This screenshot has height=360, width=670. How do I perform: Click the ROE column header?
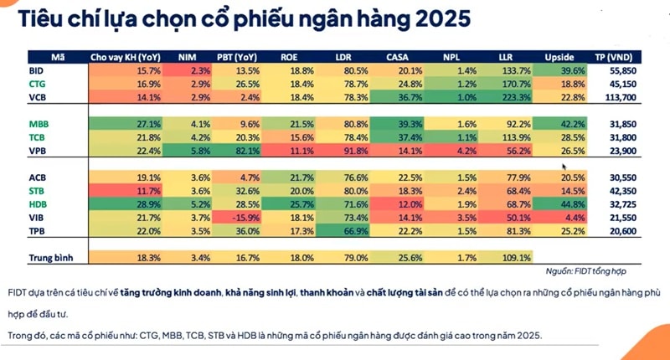pyautogui.click(x=288, y=58)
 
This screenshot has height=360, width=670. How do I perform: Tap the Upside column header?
pyautogui.click(x=560, y=58)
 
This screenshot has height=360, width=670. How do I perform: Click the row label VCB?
pyautogui.click(x=36, y=97)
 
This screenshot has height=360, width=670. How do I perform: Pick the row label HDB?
pyautogui.click(x=38, y=204)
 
